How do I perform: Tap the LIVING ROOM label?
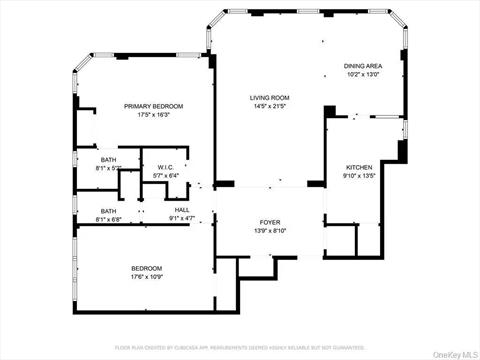[x=269, y=97]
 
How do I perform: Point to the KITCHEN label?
[x=360, y=166]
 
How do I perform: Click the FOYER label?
[x=270, y=222]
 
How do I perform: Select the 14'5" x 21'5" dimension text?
[x=269, y=106]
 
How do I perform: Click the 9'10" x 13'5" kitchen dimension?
[x=360, y=175]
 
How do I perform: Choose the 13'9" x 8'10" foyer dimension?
[x=270, y=231]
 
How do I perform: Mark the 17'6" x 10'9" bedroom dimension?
[x=146, y=277]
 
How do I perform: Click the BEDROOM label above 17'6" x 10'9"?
[x=146, y=268]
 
